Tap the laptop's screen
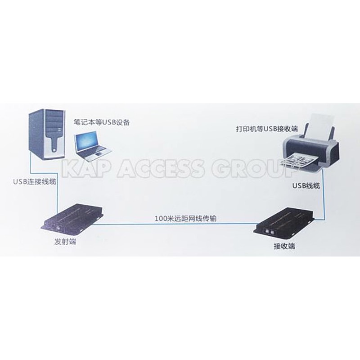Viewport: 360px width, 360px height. [90, 141]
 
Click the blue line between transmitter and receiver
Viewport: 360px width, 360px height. [180, 224]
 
